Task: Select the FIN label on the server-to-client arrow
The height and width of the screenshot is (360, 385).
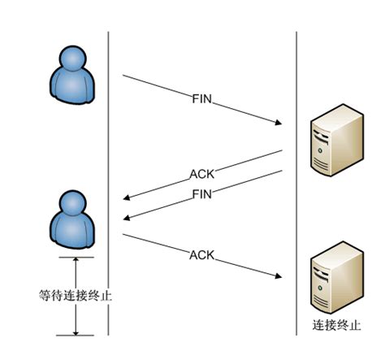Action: pyautogui.click(x=203, y=193)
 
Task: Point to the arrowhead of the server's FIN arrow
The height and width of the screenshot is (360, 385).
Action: pyautogui.click(x=128, y=217)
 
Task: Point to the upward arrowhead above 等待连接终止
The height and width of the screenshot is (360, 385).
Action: pyautogui.click(x=76, y=262)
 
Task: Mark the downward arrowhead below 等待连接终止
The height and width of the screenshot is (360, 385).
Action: pyautogui.click(x=76, y=331)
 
